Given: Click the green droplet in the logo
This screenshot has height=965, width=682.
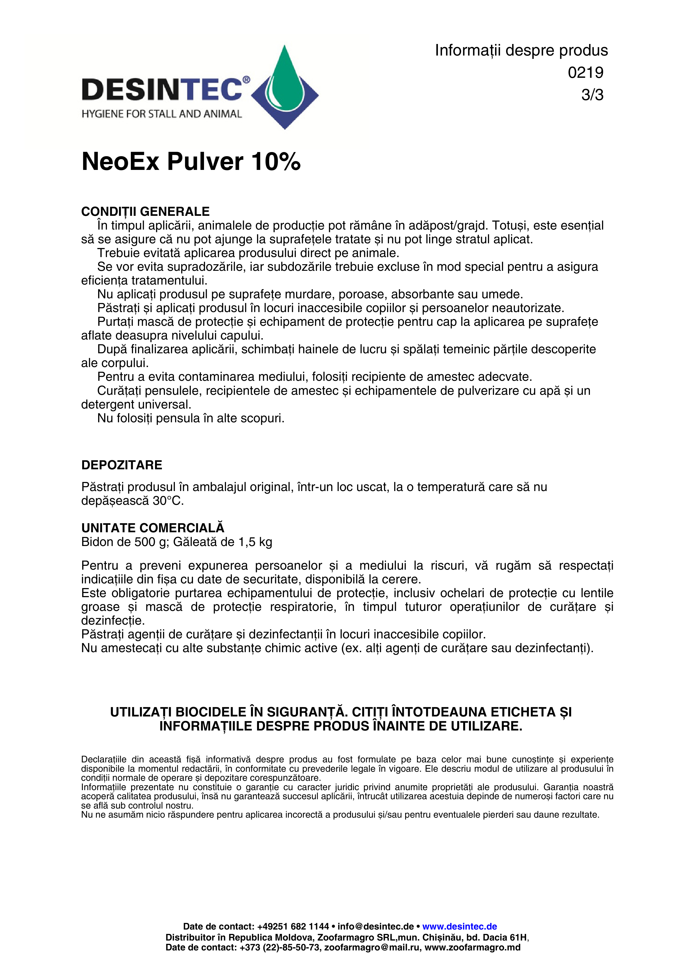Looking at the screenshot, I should coord(285,80).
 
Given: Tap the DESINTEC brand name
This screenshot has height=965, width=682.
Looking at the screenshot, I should coord(162,90).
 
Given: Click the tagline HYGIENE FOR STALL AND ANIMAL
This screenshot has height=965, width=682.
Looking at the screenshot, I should coord(162,114).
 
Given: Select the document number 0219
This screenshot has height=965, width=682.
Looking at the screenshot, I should coord(585,73).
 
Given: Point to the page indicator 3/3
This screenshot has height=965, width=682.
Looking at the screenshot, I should coord(592,95).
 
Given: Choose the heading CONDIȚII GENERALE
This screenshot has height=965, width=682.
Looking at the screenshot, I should coord(145,211).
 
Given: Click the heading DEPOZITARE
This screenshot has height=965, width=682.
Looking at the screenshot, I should coord(122,465).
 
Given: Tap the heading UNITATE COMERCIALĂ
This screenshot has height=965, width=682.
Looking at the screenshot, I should coord(153,528).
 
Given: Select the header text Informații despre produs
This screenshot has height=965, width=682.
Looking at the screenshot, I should coord(521,50).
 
